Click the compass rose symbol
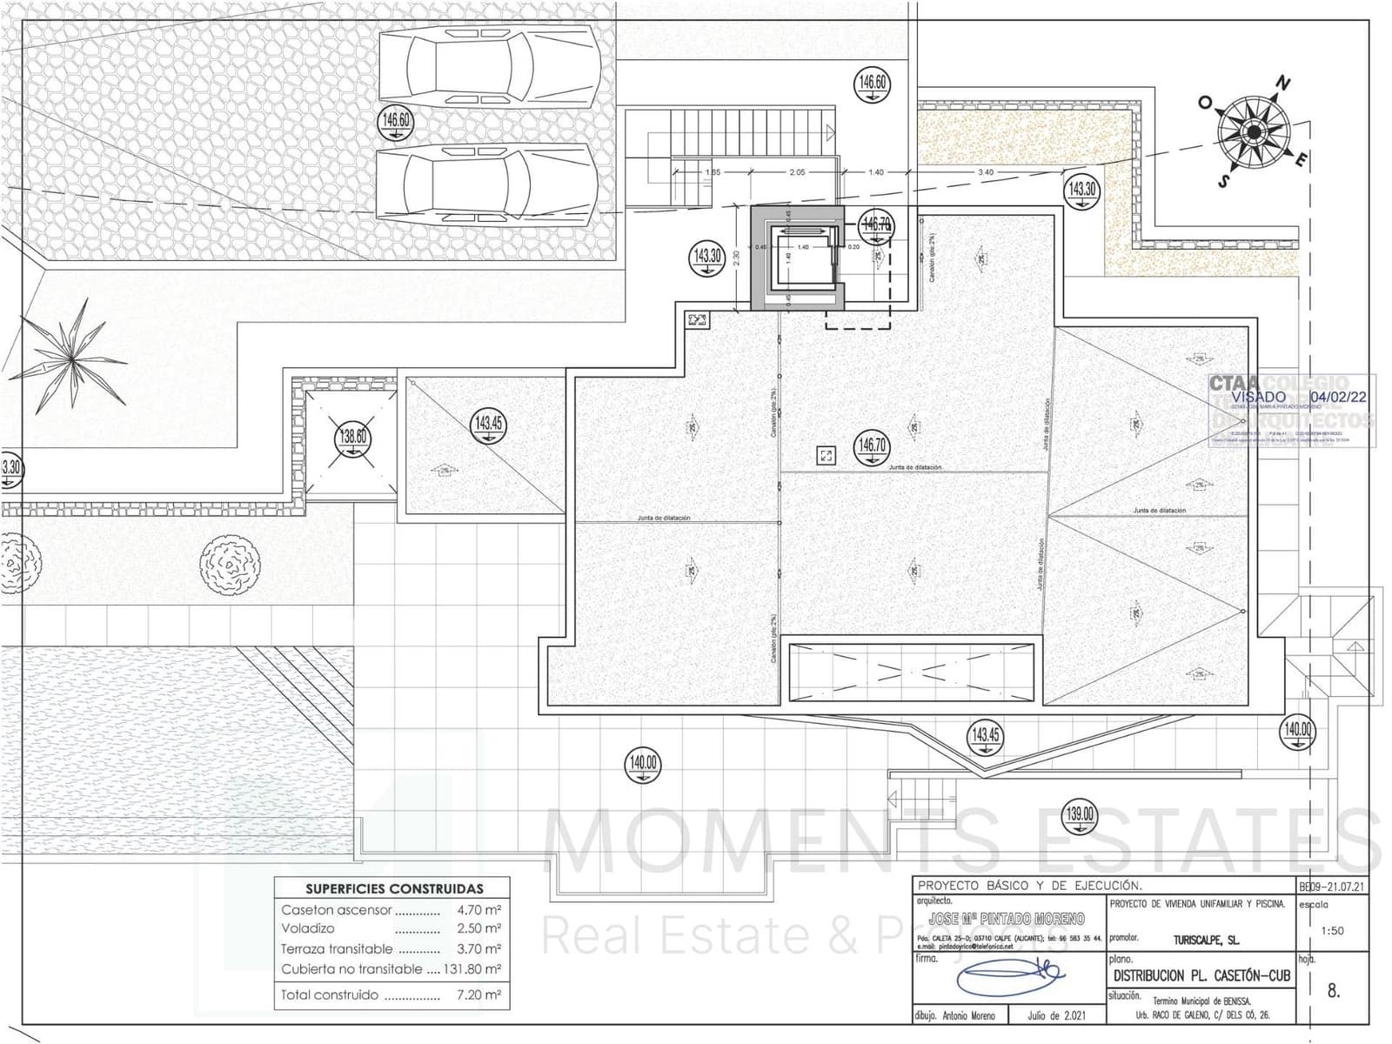[1254, 132]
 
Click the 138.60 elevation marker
[352, 438]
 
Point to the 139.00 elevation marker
[1080, 815]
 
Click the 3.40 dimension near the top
[986, 172]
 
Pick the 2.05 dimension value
[797, 172]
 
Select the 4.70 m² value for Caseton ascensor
[478, 910]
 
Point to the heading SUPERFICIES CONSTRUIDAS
[394, 889]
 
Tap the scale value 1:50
[1332, 930]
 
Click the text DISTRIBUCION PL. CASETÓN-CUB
[1201, 976]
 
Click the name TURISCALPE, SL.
[1205, 940]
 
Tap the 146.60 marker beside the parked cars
[396, 120]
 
